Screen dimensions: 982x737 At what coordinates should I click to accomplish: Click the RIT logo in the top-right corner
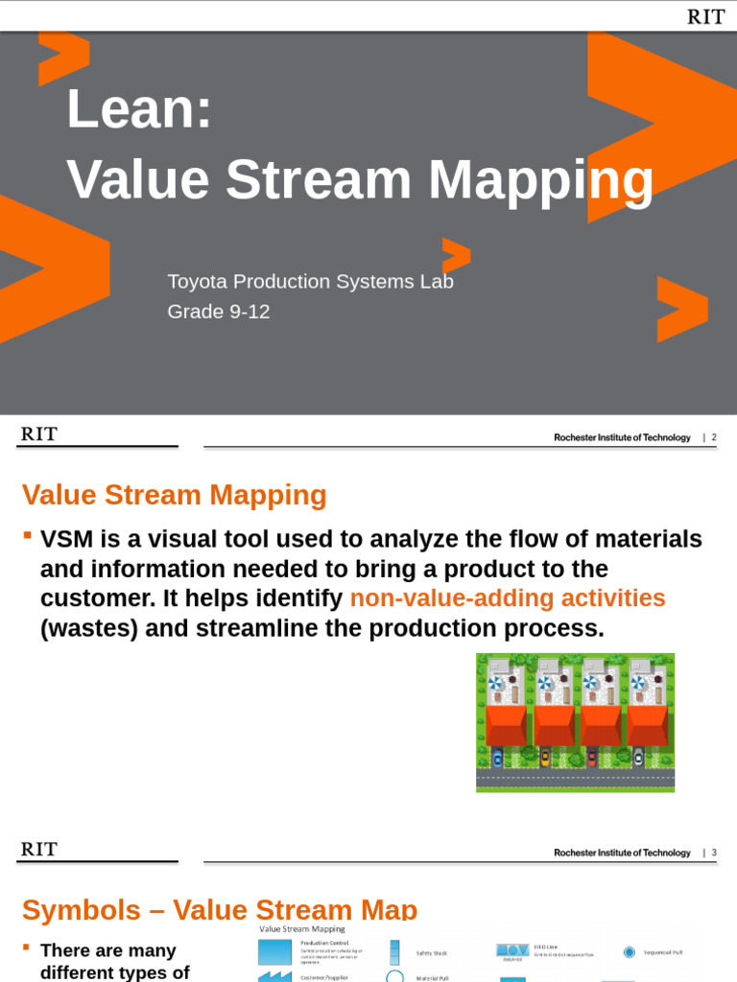tap(705, 16)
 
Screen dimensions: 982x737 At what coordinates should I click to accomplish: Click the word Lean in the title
tap(138, 108)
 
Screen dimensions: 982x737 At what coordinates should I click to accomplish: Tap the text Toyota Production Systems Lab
tap(310, 282)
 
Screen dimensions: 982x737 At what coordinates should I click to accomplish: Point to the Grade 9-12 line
tap(219, 312)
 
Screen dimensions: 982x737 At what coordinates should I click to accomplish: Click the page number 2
tap(714, 437)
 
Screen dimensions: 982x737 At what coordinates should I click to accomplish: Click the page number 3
tap(714, 853)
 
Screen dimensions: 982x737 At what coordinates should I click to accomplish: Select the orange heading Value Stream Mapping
tap(175, 495)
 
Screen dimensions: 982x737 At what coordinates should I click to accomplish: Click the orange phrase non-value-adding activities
tap(508, 598)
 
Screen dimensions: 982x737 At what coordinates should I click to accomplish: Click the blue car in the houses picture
tap(497, 758)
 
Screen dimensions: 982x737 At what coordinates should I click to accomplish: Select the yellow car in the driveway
tap(545, 758)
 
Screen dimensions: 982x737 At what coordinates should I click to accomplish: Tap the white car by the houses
tap(637, 758)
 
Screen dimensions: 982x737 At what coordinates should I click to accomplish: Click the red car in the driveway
tap(591, 758)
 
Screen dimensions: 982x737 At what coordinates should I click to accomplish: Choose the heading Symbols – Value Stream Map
tap(220, 909)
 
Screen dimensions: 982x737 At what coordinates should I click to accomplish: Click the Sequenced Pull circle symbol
tap(629, 952)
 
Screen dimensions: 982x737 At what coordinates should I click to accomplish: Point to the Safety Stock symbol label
tap(431, 953)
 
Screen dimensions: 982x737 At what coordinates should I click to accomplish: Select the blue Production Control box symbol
tap(273, 951)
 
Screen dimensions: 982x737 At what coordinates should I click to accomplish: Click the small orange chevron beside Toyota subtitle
tap(456, 254)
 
